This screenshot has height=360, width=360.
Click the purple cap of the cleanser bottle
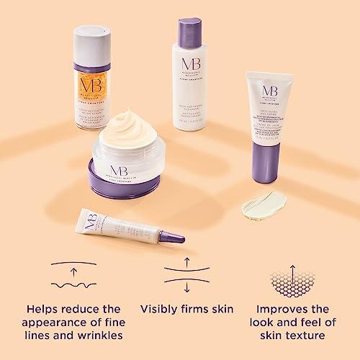click(x=197, y=28)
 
